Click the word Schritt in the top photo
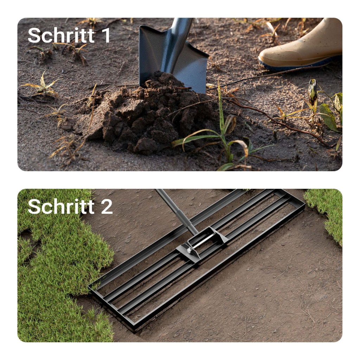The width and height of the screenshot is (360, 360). [x=61, y=36]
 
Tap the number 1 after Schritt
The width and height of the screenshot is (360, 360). [x=105, y=36]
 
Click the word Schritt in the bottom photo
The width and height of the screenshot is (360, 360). [x=61, y=206]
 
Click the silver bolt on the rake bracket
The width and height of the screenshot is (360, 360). [x=189, y=250]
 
